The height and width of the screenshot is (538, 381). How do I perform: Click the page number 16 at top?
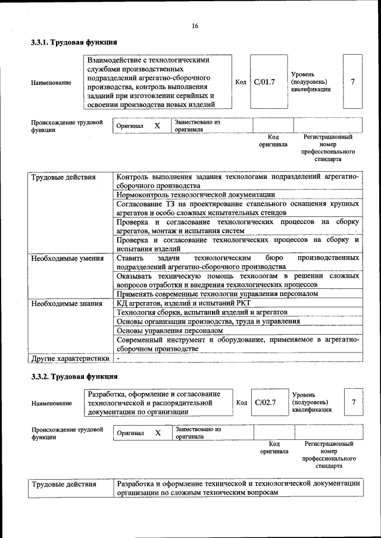pos(194,26)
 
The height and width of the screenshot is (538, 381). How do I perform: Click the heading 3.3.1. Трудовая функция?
pos(74,42)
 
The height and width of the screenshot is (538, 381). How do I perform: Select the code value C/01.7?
pos(264,81)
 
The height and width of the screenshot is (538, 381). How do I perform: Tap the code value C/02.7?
pos(265,402)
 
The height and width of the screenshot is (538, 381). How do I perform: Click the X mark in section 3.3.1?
pos(157,126)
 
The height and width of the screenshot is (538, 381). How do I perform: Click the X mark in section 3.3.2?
pos(158,433)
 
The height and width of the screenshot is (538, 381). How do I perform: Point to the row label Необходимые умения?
pos(67,259)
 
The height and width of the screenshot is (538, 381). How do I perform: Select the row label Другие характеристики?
pos(70,358)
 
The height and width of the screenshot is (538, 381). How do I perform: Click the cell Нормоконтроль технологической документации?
pos(196,194)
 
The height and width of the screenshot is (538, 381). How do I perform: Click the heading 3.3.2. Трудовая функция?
pos(74,377)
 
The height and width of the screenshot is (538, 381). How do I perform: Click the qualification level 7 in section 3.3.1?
pos(353,81)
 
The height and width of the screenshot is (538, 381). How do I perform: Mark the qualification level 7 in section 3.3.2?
pos(354,402)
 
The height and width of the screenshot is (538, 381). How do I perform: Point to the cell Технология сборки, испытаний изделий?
pos(202,312)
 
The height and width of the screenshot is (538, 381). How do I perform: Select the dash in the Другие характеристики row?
pos(118,358)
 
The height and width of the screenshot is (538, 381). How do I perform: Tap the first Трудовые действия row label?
pos(63,177)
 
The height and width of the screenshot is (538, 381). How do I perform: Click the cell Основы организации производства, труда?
pos(208,321)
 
